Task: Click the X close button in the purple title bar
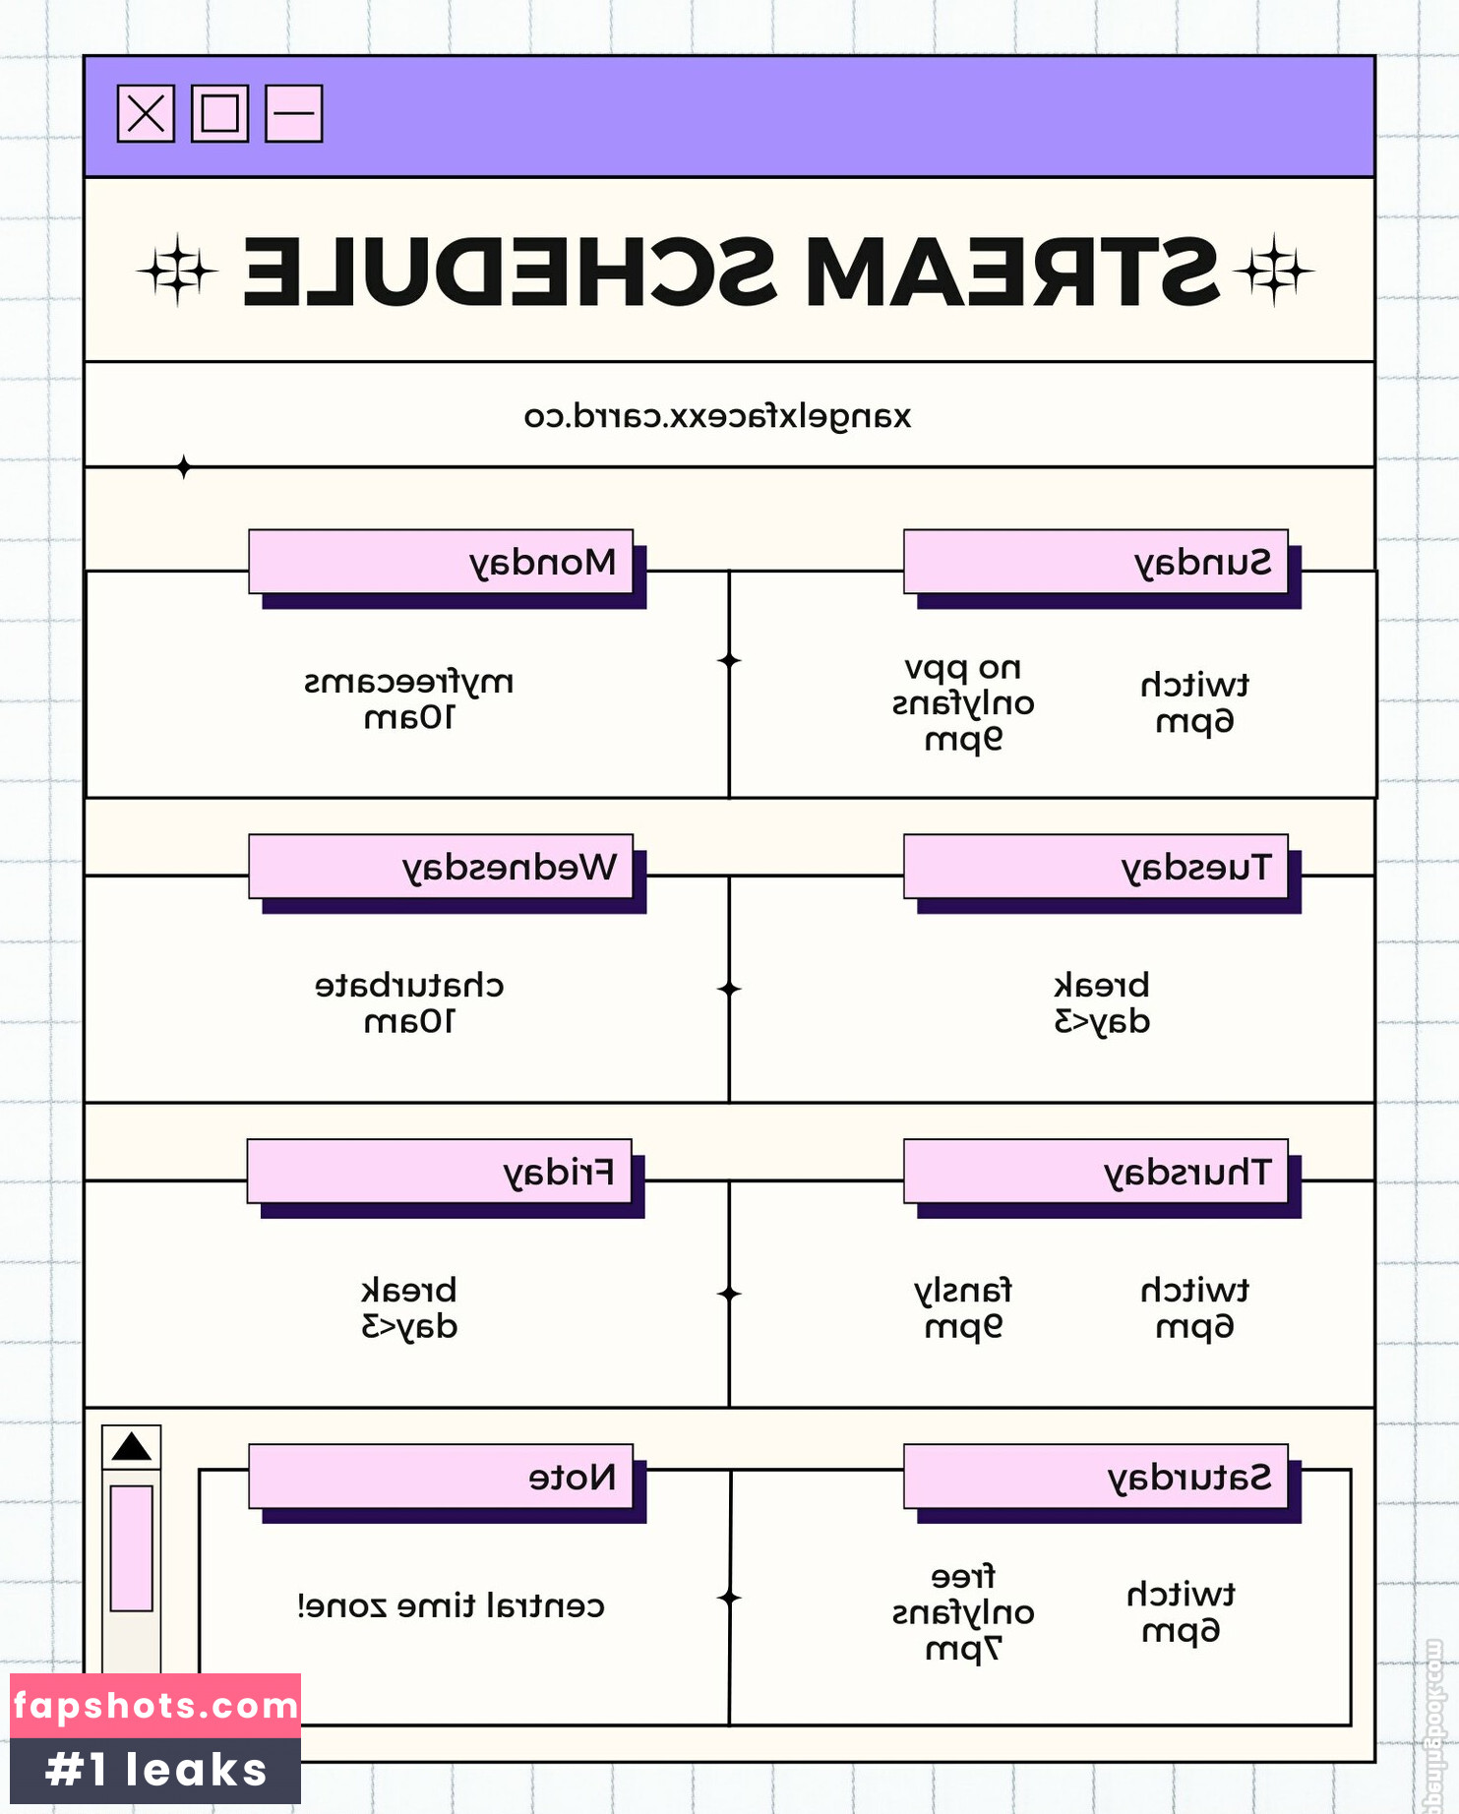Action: pyautogui.click(x=146, y=114)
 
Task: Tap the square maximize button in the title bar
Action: pyautogui.click(x=219, y=114)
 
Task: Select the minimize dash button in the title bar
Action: pyautogui.click(x=293, y=114)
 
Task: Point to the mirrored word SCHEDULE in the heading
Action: pyautogui.click(x=509, y=272)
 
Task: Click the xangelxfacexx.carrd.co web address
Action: pyautogui.click(x=717, y=416)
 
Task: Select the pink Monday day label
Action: pyautogui.click(x=441, y=562)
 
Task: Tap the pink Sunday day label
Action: pyautogui.click(x=1095, y=562)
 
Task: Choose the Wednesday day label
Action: pyautogui.click(x=441, y=867)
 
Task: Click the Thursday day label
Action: pyautogui.click(x=1095, y=1172)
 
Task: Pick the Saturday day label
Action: pyautogui.click(x=1095, y=1477)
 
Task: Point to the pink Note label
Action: pyautogui.click(x=441, y=1477)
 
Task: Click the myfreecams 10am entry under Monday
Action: pyautogui.click(x=409, y=699)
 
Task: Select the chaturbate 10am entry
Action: pyautogui.click(x=409, y=1003)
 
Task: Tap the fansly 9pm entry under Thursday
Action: pyautogui.click(x=963, y=1308)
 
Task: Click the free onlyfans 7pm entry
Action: pyautogui.click(x=963, y=1612)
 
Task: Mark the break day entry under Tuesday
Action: pyautogui.click(x=1102, y=1003)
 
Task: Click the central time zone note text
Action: pyautogui.click(x=451, y=1606)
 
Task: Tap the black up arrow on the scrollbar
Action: pyautogui.click(x=131, y=1447)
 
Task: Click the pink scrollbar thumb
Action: pyautogui.click(x=131, y=1548)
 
